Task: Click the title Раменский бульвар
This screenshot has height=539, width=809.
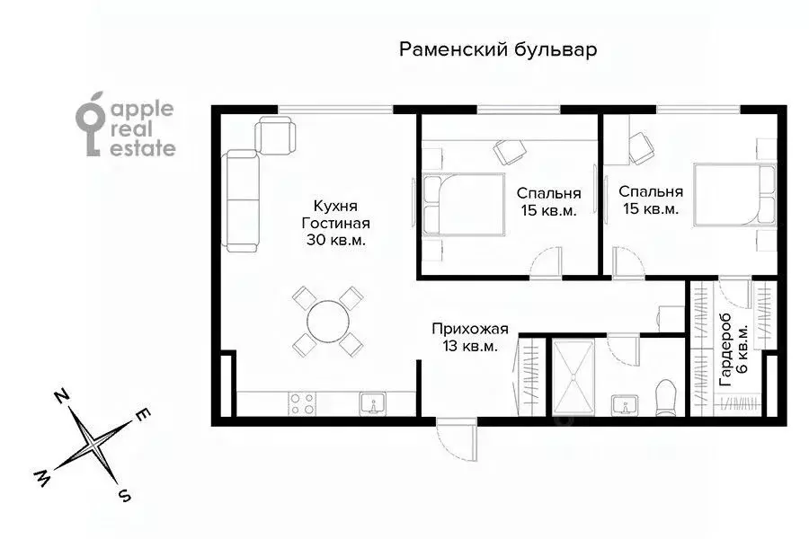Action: pos(498,49)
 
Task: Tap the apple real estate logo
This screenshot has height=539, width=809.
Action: pos(125,129)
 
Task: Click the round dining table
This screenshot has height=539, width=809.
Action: pos(327,319)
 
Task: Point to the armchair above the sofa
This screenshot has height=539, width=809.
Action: pos(275,136)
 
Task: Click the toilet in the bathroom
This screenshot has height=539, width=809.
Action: pos(665,397)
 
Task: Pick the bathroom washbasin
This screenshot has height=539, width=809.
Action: pos(623,405)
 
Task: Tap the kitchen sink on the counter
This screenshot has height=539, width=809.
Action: pos(373,403)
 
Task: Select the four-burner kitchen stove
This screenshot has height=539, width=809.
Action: pos(302,403)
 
